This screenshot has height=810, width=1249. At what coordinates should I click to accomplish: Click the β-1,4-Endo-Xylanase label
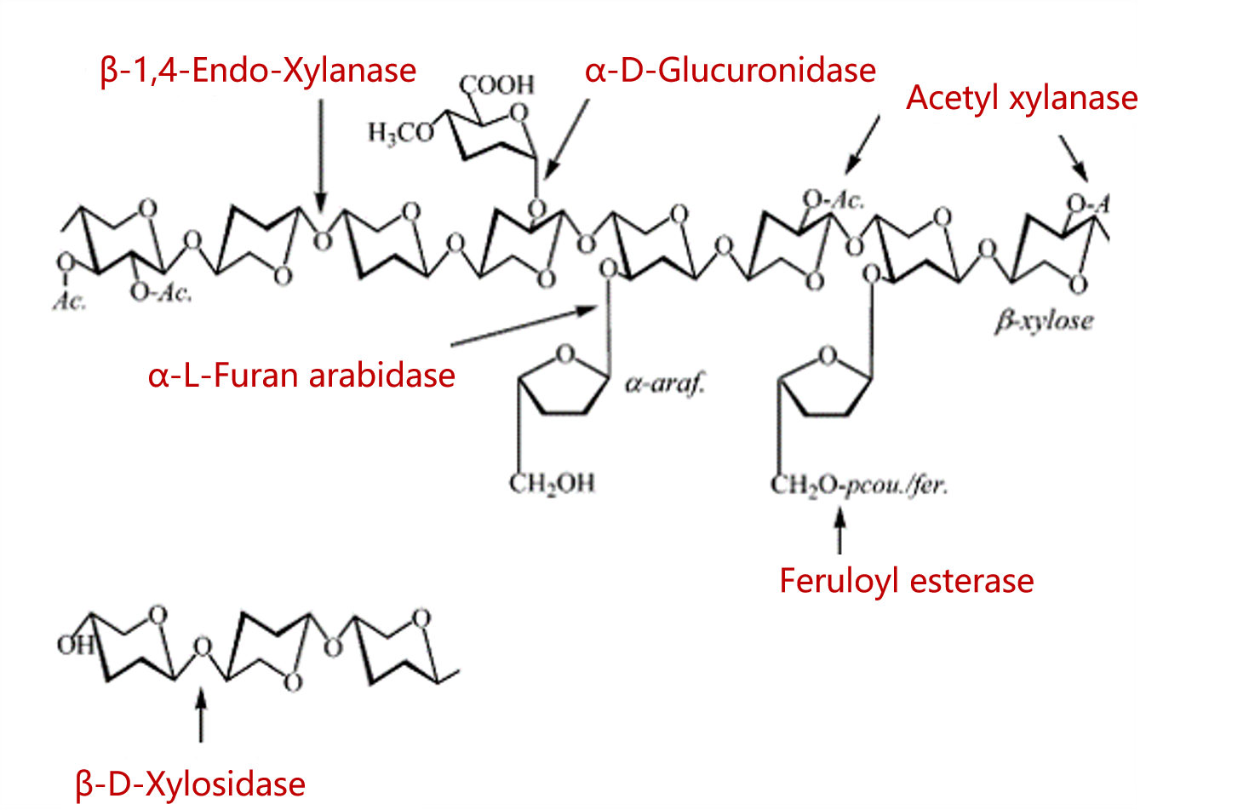(258, 71)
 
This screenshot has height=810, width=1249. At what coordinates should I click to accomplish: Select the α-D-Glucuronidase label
(730, 71)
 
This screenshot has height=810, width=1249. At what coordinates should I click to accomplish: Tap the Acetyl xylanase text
(1022, 98)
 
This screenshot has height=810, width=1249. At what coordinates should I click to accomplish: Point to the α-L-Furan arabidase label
(301, 376)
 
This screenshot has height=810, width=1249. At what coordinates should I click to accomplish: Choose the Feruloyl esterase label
(907, 581)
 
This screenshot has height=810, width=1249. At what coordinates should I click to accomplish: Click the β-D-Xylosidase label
(191, 784)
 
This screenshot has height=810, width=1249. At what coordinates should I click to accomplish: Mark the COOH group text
(497, 84)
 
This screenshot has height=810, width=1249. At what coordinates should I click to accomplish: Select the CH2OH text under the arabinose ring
(552, 484)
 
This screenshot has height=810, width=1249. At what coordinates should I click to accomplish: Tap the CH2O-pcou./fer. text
(858, 485)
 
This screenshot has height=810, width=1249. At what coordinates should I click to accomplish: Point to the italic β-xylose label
(1044, 321)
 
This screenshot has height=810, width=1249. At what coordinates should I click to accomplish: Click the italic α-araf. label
(666, 384)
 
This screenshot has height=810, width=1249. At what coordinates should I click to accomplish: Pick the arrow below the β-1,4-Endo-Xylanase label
(321, 153)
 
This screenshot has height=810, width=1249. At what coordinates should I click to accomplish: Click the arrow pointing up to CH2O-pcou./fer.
(839, 531)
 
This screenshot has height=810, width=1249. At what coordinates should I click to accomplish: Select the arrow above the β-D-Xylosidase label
(201, 715)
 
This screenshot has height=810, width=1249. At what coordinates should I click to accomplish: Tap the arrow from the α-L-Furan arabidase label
(523, 326)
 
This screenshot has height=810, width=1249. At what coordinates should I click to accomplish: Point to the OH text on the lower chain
(74, 645)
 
